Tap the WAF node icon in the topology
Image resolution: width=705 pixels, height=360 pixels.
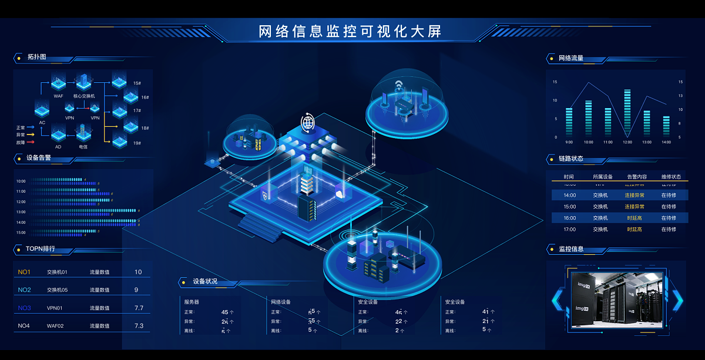pyautogui.click(x=58, y=82)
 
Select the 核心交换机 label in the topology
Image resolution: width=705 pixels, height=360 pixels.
pyautogui.click(x=84, y=96)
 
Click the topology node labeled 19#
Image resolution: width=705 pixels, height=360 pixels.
pyautogui.click(x=120, y=141)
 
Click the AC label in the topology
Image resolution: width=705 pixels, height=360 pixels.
pyautogui.click(x=42, y=123)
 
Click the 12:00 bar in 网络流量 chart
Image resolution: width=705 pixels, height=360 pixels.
pyautogui.click(x=627, y=113)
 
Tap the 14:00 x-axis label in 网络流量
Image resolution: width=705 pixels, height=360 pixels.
pyautogui.click(x=666, y=142)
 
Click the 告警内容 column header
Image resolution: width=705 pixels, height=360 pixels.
pyautogui.click(x=637, y=177)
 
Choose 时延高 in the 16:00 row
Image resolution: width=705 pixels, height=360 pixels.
pyautogui.click(x=634, y=218)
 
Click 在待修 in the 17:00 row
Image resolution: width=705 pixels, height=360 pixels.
pyautogui.click(x=671, y=229)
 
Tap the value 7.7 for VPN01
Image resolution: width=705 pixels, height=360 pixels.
pyautogui.click(x=139, y=308)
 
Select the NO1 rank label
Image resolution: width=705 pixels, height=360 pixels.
pyautogui.click(x=24, y=272)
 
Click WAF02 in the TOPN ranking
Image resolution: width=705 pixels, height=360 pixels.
pyautogui.click(x=56, y=325)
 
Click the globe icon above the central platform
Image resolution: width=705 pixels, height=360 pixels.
pyautogui.click(x=308, y=123)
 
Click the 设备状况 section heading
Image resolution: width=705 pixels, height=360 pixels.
pyautogui.click(x=205, y=282)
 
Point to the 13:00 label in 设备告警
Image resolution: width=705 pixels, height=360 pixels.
pyautogui.click(x=21, y=212)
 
